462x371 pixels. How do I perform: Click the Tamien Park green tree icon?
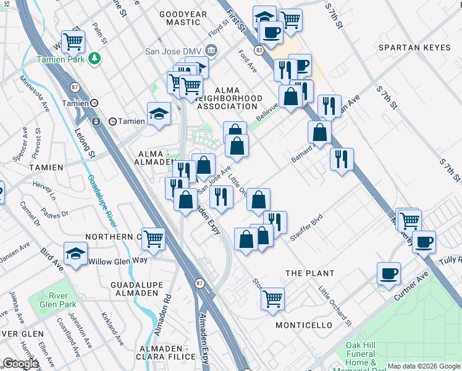point(94,58)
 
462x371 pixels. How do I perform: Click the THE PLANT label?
point(309,273)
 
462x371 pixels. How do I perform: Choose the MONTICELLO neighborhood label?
point(303,325)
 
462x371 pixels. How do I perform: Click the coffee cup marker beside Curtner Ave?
point(388,273)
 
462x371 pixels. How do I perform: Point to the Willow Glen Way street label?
point(117,260)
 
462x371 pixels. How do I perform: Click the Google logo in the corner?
point(20,364)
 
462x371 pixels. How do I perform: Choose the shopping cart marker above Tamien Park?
point(73,41)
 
